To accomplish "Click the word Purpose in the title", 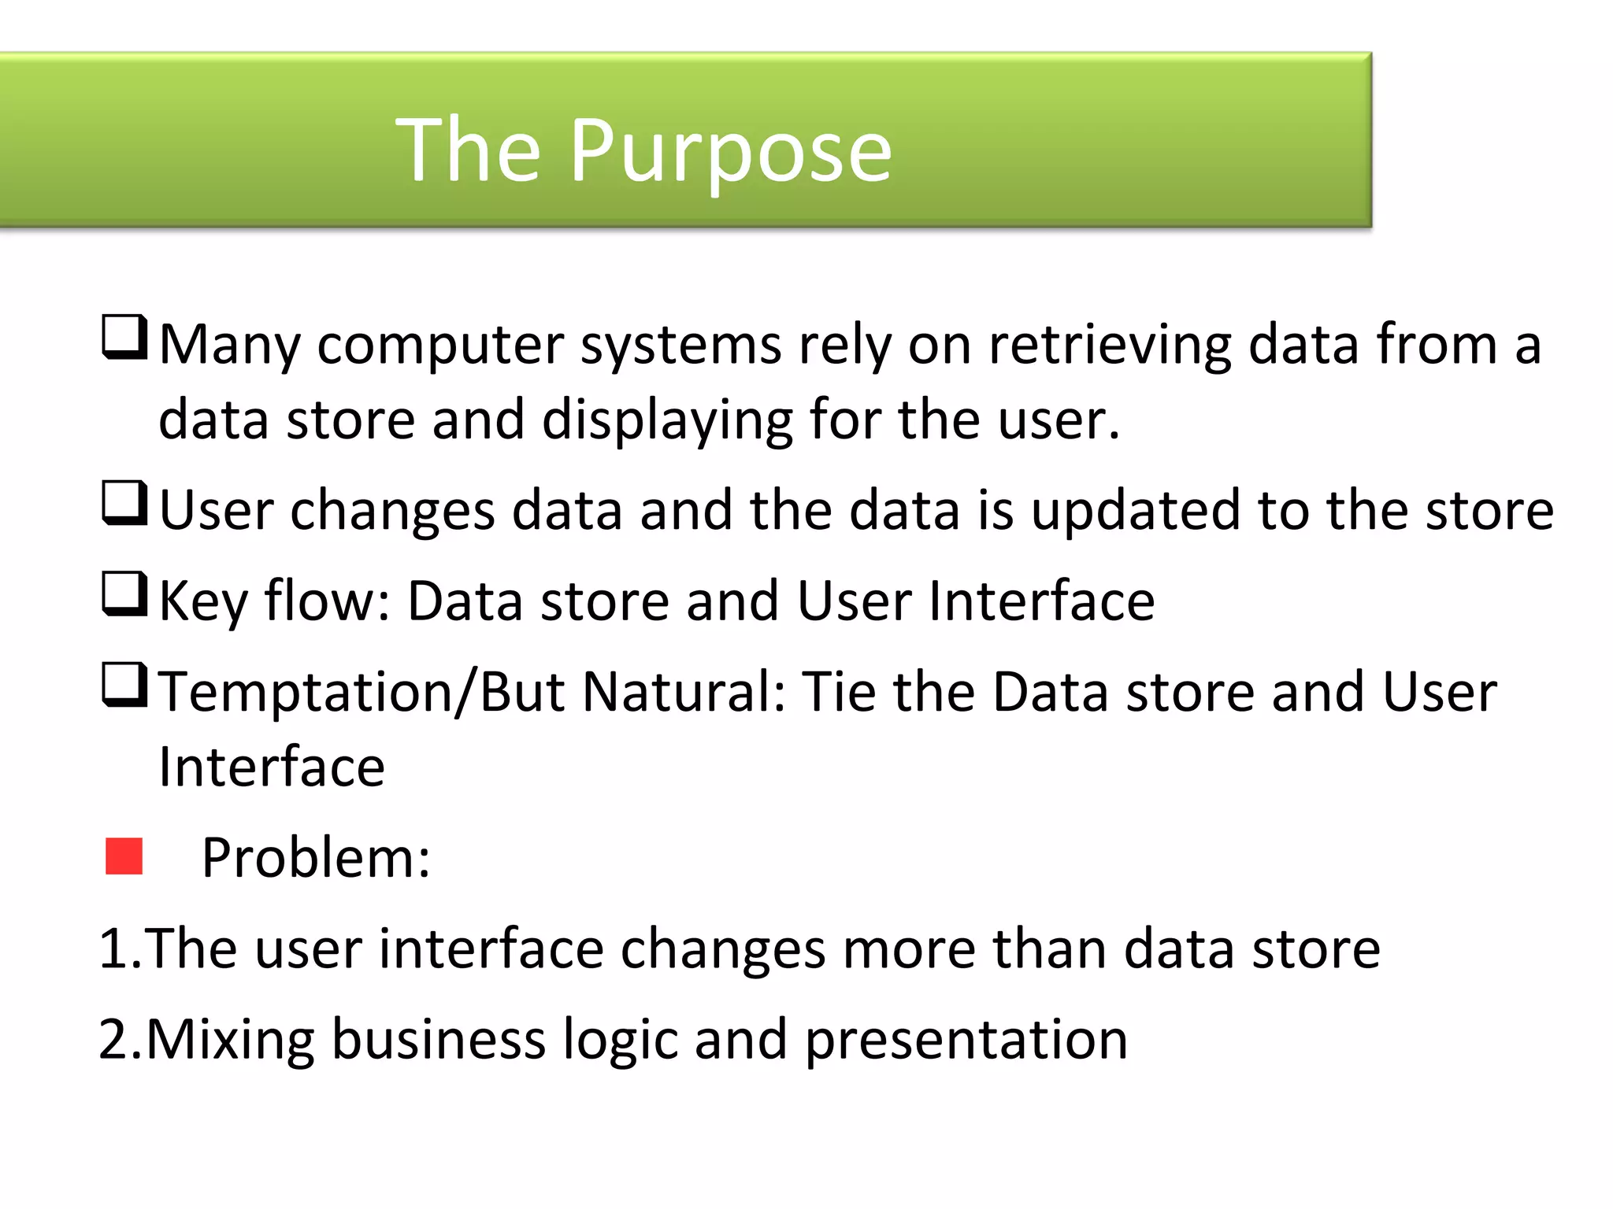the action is [x=730, y=151].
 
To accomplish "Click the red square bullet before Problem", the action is [x=124, y=856].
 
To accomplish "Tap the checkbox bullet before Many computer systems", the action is [x=124, y=338].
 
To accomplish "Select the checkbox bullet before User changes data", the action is [x=124, y=504].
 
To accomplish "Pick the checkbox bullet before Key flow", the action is [x=124, y=594].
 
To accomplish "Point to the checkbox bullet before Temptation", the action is [x=124, y=685].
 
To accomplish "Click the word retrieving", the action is [x=1109, y=346].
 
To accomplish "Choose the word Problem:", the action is [x=316, y=858].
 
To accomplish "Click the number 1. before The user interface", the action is [x=120, y=948].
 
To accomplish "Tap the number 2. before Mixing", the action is [x=120, y=1040].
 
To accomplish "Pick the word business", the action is [x=438, y=1040].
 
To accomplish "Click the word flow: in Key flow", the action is [x=328, y=601].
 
